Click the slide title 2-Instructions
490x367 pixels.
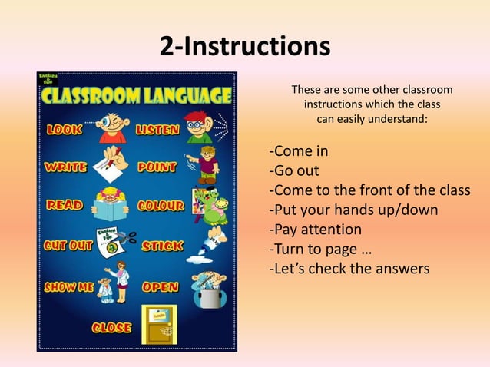244,47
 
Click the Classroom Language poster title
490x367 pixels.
137,96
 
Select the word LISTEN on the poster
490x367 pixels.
157,130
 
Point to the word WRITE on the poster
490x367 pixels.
65,167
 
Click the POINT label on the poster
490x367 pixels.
157,167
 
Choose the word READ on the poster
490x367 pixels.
65,205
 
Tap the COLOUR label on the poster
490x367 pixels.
161,206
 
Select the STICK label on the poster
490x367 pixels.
162,246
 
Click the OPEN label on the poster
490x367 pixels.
161,287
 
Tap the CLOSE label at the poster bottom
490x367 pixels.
111,328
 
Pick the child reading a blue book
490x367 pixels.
111,205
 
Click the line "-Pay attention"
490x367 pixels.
315,230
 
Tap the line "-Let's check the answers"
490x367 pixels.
349,269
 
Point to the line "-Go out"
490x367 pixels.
293,170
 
